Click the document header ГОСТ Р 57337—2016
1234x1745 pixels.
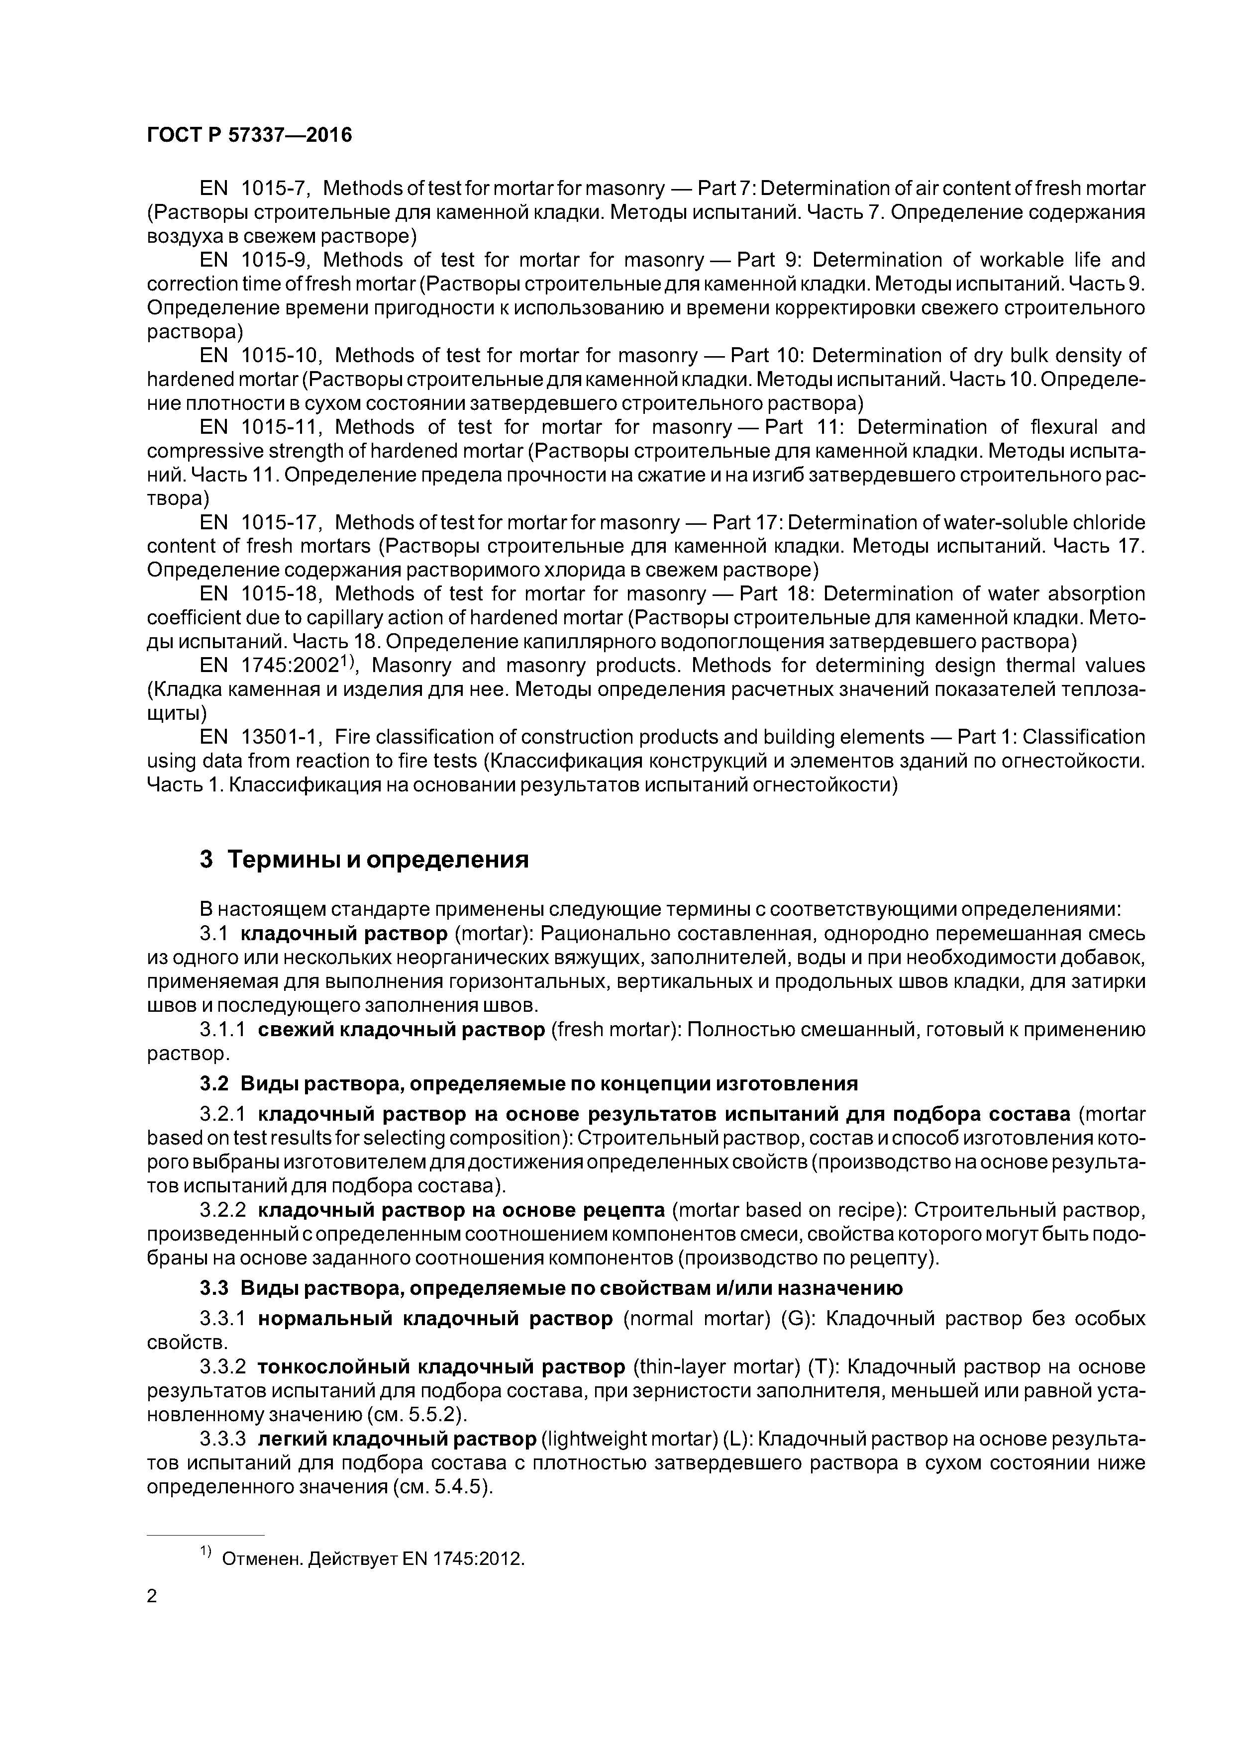point(249,135)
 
